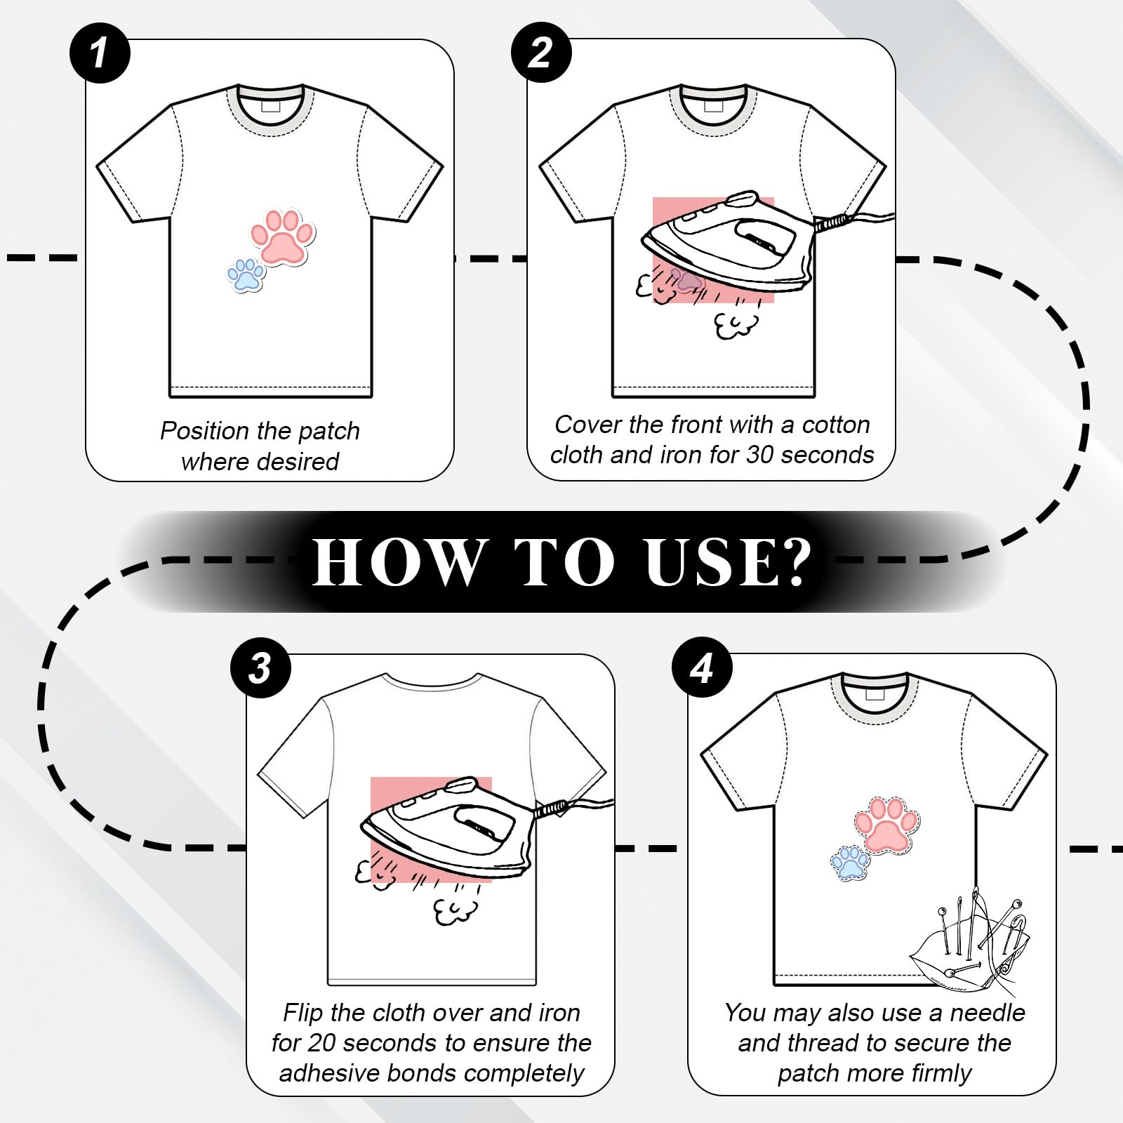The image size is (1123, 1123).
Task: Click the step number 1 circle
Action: pos(100,53)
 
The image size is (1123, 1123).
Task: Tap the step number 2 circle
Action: pos(541,53)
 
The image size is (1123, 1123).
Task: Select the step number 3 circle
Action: pos(260,667)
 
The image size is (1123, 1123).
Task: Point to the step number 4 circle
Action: pos(702,667)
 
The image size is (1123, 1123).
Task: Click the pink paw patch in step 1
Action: pos(283,237)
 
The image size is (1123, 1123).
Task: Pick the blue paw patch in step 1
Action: pos(246,275)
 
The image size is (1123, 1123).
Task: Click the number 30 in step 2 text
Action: pos(759,455)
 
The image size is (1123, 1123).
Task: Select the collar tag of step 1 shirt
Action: pos(270,105)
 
